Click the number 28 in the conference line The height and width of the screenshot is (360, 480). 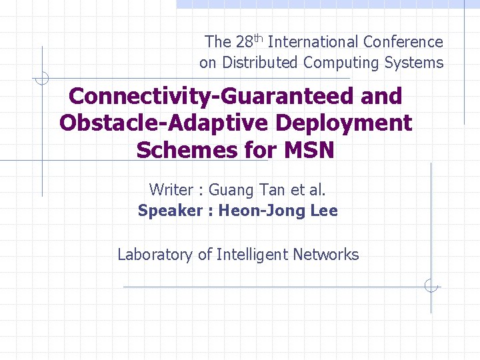point(243,42)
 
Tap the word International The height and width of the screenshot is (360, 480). point(313,42)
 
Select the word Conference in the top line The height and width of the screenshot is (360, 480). point(403,42)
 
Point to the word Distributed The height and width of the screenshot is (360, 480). point(261,63)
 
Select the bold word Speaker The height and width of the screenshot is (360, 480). point(169,211)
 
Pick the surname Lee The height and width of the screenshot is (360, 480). point(324,211)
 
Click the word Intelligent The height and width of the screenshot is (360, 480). point(248,254)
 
